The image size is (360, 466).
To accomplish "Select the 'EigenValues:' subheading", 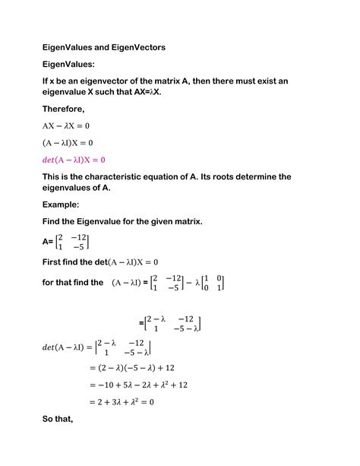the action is pyautogui.click(x=74, y=65).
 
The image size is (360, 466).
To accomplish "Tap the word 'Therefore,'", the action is pyautogui.click(x=69, y=109).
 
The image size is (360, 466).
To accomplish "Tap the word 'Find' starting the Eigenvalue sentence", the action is pyautogui.click(x=55, y=222).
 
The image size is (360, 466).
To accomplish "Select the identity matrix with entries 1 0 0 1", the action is pyautogui.click(x=214, y=283).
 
